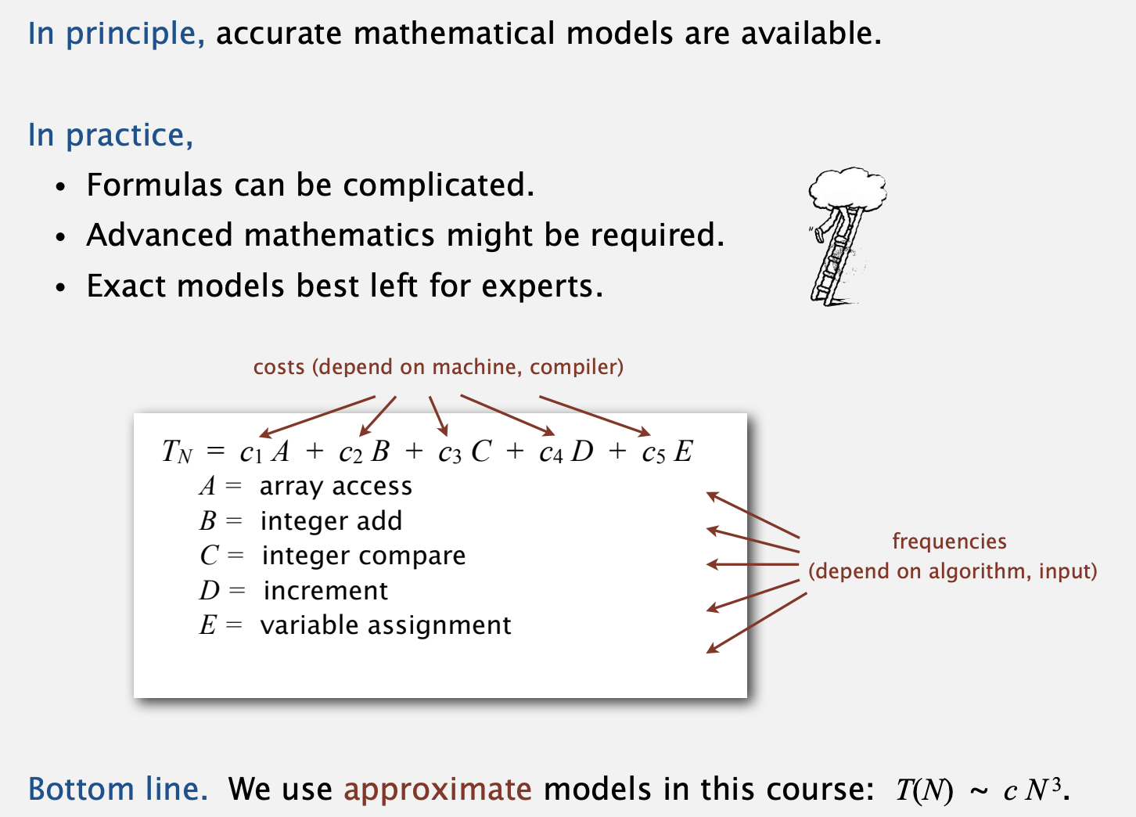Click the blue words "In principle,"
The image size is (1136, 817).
pyautogui.click(x=117, y=34)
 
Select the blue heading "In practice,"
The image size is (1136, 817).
pyautogui.click(x=110, y=136)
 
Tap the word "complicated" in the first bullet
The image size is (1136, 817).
pyautogui.click(x=439, y=185)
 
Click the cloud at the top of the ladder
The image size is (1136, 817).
pyautogui.click(x=847, y=189)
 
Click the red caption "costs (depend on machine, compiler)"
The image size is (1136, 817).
pyautogui.click(x=438, y=367)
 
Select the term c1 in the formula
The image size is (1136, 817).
pyautogui.click(x=250, y=452)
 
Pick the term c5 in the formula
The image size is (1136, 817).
pyautogui.click(x=653, y=452)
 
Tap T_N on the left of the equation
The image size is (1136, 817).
pyautogui.click(x=177, y=452)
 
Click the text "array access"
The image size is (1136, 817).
pyautogui.click(x=336, y=487)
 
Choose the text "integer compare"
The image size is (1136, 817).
pyautogui.click(x=363, y=556)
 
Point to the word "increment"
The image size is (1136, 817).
pyautogui.click(x=325, y=591)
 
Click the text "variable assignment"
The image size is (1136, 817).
pyautogui.click(x=386, y=625)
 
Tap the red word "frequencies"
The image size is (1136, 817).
pyautogui.click(x=949, y=542)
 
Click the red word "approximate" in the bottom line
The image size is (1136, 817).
pyautogui.click(x=437, y=790)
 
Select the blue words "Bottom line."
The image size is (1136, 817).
pyautogui.click(x=118, y=789)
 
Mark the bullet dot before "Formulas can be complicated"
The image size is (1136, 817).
pyautogui.click(x=61, y=187)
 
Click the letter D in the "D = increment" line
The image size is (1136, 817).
pyautogui.click(x=210, y=591)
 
